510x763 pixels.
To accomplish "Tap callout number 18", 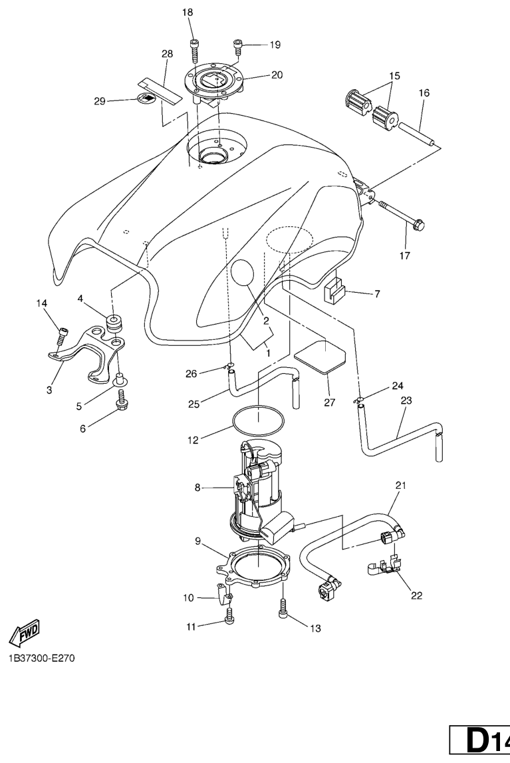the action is (x=188, y=13).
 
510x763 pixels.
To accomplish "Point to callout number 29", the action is (x=100, y=101).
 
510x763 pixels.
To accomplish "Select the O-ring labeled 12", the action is (x=258, y=420).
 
